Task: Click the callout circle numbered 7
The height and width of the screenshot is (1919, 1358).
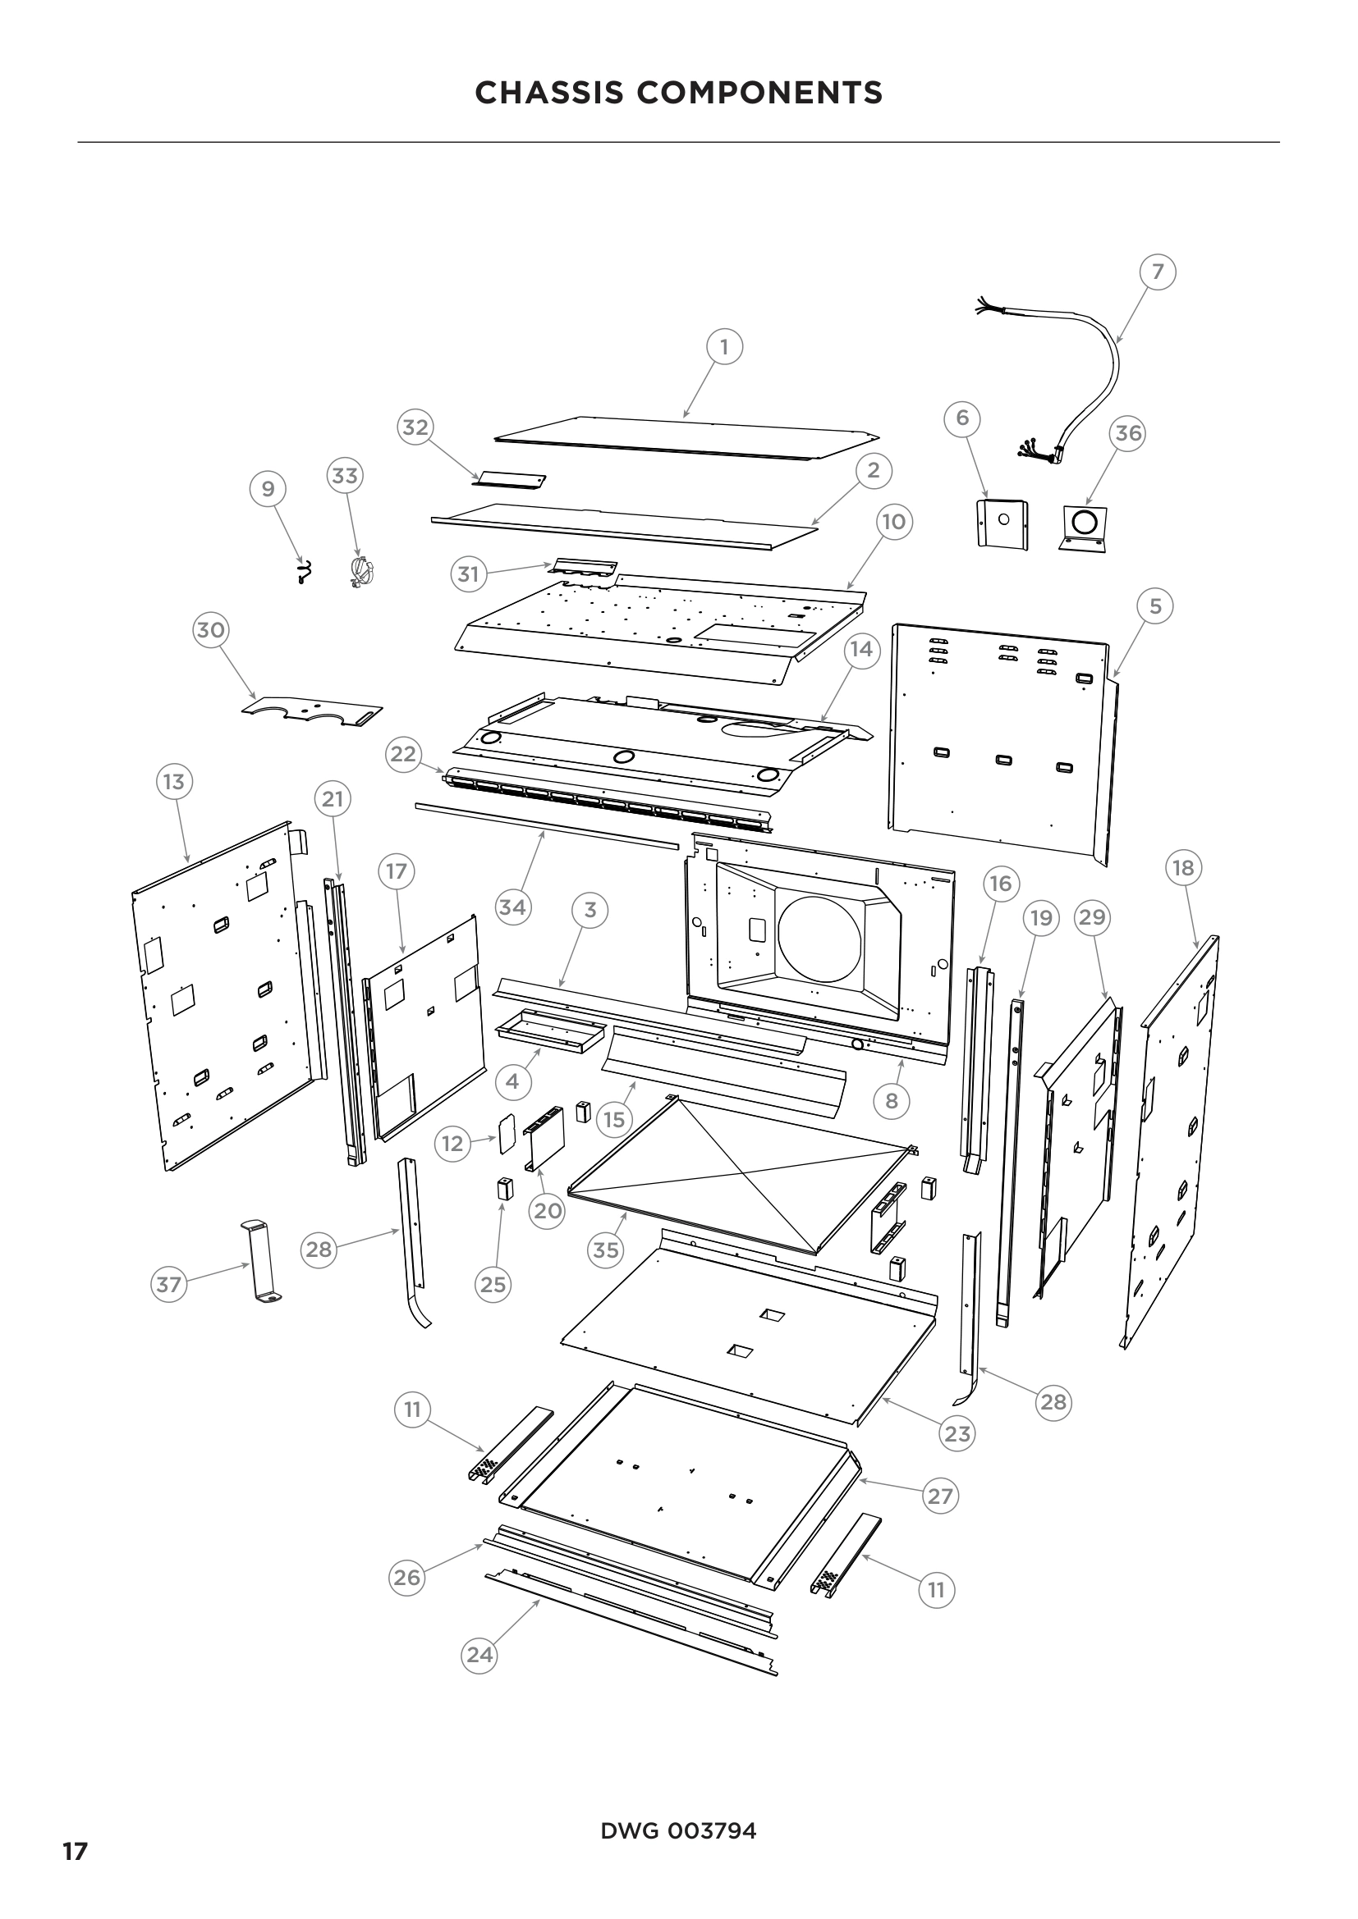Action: pyautogui.click(x=1158, y=272)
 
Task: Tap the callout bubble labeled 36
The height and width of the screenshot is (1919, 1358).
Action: pyautogui.click(x=1128, y=433)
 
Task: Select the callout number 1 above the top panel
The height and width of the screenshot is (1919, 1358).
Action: pyautogui.click(x=724, y=346)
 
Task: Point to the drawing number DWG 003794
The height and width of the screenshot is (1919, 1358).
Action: pyautogui.click(x=678, y=1830)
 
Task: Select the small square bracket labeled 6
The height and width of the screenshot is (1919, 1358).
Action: pyautogui.click(x=1002, y=523)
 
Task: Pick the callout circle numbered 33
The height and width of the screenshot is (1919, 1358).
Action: pyautogui.click(x=345, y=476)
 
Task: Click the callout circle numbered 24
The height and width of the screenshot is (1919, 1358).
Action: pyautogui.click(x=479, y=1654)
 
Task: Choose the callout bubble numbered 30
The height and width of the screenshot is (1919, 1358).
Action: pyautogui.click(x=210, y=629)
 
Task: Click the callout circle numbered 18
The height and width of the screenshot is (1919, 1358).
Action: pyautogui.click(x=1182, y=867)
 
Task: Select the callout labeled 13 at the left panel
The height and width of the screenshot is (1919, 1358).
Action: pyautogui.click(x=173, y=782)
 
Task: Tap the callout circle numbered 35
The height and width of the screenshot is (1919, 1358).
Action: pyautogui.click(x=605, y=1250)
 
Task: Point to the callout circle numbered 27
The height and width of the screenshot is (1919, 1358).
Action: pyautogui.click(x=940, y=1496)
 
